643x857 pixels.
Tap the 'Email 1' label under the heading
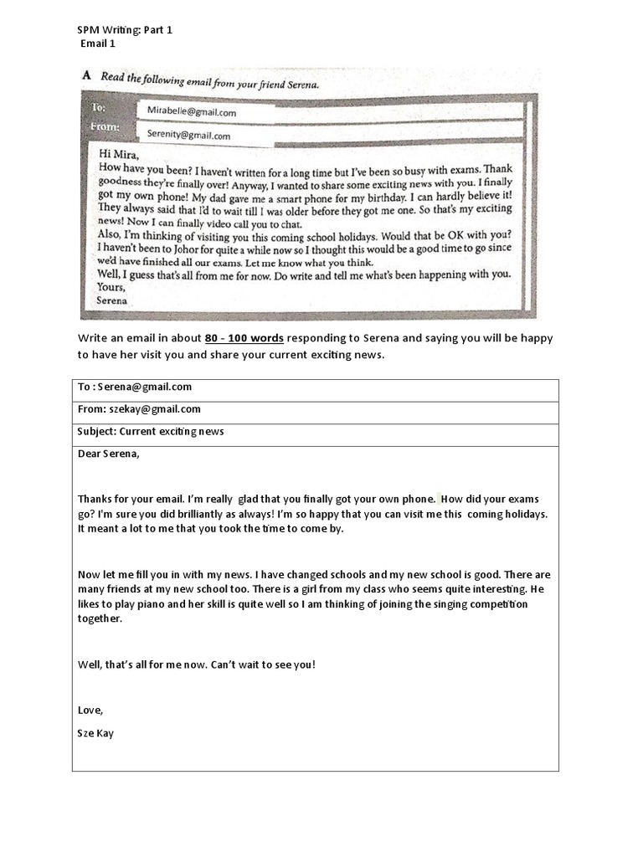(x=98, y=44)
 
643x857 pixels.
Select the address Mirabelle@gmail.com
(x=191, y=111)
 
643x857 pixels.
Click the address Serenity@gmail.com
(x=188, y=135)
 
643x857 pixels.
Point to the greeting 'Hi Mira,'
(x=119, y=154)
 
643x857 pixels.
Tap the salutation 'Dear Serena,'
(x=109, y=454)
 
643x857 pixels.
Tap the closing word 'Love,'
(x=90, y=711)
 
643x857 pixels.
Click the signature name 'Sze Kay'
(x=95, y=733)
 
